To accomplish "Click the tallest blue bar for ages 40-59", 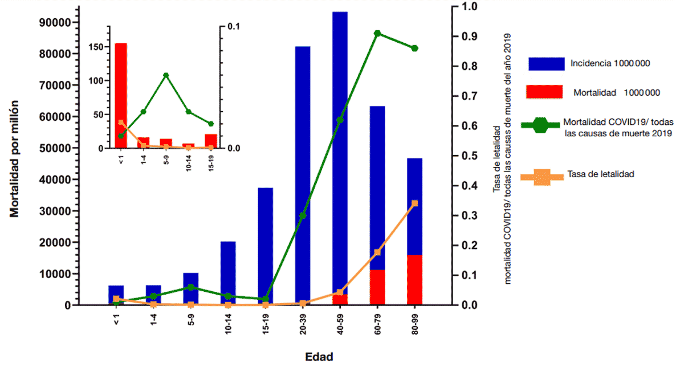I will pos(340,142).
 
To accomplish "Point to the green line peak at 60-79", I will pos(377,34).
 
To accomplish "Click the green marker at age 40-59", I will pos(340,120).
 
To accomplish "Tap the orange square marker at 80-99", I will pos(414,203).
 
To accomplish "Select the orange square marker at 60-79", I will pos(377,252).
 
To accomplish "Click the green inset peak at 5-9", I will pos(166,75).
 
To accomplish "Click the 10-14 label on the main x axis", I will pos(228,329).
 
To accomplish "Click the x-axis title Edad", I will pos(319,357).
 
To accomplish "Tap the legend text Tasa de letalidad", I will pos(601,174).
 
